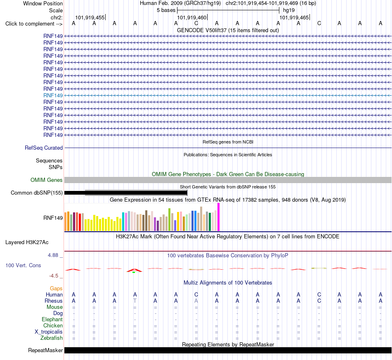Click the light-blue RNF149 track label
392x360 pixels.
(53, 95)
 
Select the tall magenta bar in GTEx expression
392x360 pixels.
(219, 217)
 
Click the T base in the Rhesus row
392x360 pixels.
(135, 301)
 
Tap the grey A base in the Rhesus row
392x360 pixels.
(196, 301)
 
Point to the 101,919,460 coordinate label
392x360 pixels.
(192, 17)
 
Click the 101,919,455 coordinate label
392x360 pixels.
(90, 17)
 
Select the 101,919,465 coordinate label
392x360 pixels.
(294, 17)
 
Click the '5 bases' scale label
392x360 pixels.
(166, 10)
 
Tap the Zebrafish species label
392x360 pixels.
(52, 338)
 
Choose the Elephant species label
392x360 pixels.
(52, 320)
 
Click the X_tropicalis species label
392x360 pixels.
(49, 332)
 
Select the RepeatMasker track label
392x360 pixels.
(45, 351)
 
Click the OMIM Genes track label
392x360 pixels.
(47, 180)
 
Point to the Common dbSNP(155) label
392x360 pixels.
(37, 193)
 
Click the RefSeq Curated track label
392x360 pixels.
(44, 148)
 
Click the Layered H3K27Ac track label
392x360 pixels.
(27, 242)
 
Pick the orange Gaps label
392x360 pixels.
(56, 289)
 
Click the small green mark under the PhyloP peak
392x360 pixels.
(134, 272)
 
